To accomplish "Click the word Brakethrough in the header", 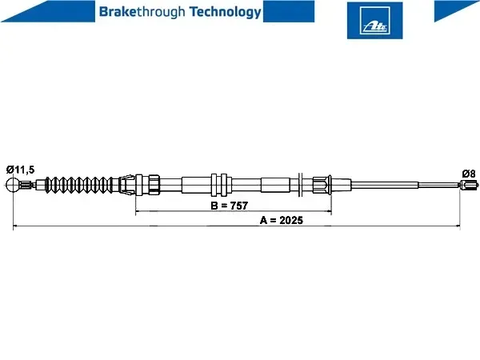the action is (x=142, y=12).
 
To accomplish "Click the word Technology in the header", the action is (x=226, y=12).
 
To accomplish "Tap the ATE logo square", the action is (x=374, y=21).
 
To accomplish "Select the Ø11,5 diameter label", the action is (x=21, y=170).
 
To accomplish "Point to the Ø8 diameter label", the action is (x=469, y=174).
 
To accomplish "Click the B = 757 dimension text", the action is (x=230, y=206).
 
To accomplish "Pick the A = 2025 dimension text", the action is (x=282, y=220).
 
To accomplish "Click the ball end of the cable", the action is (x=13, y=185).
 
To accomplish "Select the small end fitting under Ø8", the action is (x=470, y=184).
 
